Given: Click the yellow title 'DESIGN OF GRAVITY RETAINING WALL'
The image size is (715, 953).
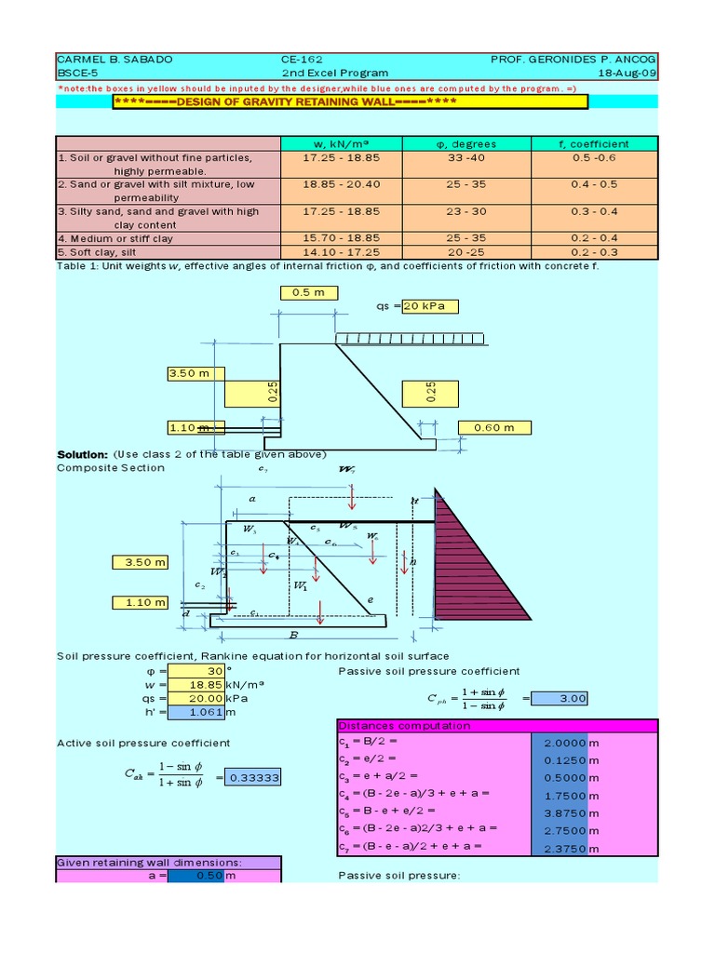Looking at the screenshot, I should point(350,101).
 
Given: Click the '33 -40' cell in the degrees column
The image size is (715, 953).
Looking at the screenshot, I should point(466,158).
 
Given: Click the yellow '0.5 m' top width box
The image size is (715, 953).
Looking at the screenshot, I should point(309,292).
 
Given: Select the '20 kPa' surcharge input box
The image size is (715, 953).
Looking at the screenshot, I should point(429,306).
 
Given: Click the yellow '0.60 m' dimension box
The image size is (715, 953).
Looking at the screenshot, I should point(495,428).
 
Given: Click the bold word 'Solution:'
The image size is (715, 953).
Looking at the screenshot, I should point(83,453).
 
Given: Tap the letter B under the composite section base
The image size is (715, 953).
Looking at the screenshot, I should point(293,637).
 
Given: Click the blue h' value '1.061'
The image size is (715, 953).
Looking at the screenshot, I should point(195,712).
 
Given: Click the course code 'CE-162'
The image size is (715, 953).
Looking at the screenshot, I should point(302,59).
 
